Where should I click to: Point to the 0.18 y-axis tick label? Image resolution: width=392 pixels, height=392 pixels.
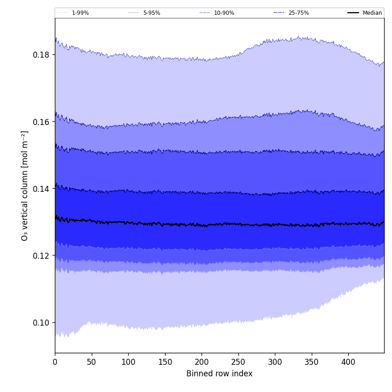coord(41,55)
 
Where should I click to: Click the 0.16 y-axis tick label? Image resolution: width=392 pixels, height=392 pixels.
coord(41,122)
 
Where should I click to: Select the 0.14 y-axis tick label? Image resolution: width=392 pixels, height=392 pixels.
coord(41,189)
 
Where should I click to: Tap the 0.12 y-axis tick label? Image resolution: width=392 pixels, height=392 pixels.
coord(41,255)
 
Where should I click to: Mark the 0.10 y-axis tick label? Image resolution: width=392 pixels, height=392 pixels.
coord(41,323)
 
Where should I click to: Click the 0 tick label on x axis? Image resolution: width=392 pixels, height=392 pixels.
coord(55,362)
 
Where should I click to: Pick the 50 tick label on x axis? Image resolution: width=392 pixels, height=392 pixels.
coord(92,362)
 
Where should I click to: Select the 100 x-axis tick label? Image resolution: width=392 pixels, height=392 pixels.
coord(128,362)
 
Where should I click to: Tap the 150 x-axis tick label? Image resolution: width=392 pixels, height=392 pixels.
coord(165,362)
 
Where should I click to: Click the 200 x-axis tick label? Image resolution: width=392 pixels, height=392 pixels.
coord(202,362)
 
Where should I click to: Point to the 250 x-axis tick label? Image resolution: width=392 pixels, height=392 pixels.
coord(238,362)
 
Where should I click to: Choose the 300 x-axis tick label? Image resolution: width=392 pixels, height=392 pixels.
coord(275,362)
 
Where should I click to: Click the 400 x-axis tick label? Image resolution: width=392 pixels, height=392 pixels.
coord(348,362)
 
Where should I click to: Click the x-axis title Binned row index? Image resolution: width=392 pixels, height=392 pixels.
coord(220,374)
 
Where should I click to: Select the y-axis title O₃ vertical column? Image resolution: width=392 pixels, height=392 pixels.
coord(25,185)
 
